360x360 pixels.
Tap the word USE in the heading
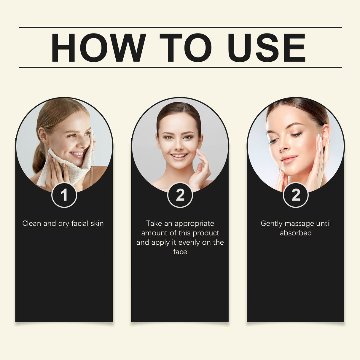[266, 48]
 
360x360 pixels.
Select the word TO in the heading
[185, 48]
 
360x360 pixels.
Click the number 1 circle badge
[64, 195]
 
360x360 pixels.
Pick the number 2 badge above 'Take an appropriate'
[180, 195]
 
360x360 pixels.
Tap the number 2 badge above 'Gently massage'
[296, 195]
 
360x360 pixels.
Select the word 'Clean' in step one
[32, 224]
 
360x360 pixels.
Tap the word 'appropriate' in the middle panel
[194, 224]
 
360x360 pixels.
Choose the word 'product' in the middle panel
[205, 233]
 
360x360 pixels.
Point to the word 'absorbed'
[296, 233]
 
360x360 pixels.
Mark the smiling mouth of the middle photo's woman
[179, 156]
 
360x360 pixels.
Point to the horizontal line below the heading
[180, 68]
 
